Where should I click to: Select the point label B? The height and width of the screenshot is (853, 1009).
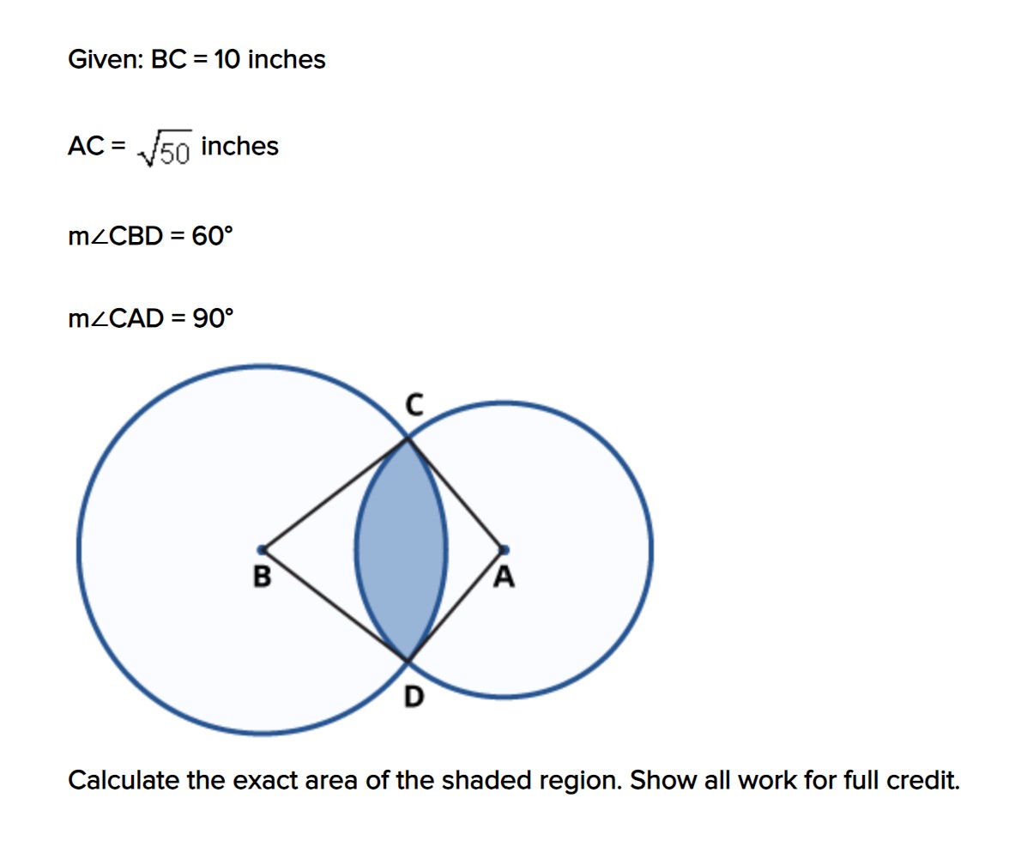262,578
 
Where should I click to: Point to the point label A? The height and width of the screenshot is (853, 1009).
504,579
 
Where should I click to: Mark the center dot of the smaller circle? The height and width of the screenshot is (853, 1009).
504,549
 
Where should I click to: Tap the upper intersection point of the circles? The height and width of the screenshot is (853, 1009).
407,440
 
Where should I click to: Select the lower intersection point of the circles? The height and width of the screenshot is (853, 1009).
407,661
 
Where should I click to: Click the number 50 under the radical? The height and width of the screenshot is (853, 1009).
173,153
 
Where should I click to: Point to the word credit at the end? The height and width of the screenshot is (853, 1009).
925,781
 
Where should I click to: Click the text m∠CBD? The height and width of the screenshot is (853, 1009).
116,236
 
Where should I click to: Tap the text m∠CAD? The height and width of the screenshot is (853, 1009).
116,319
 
